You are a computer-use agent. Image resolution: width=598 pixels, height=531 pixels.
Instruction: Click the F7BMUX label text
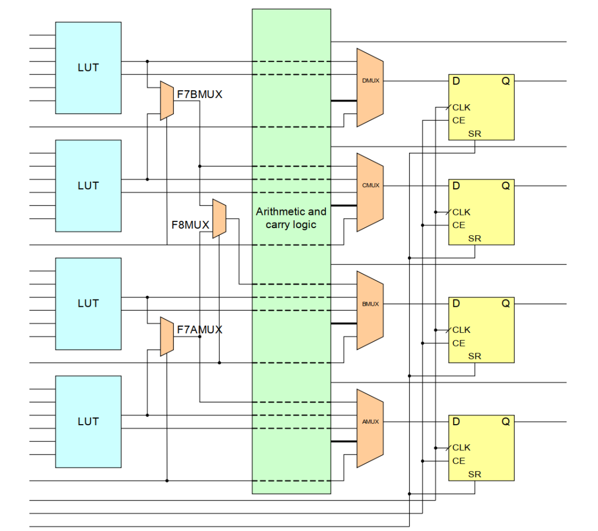tap(199, 95)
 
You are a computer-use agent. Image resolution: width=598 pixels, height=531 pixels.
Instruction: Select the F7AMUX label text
tap(199, 330)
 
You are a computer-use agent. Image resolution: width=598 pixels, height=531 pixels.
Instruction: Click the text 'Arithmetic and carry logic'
tap(291, 218)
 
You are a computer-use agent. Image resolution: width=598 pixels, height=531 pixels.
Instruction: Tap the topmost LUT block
tap(88, 68)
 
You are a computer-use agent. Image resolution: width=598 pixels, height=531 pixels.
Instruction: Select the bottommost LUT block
tap(88, 421)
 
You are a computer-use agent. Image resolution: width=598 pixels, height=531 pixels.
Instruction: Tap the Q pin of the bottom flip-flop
tap(506, 422)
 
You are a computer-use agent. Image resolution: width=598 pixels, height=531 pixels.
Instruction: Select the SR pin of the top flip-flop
tap(475, 134)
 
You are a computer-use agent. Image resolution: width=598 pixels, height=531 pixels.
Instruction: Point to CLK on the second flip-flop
tap(461, 212)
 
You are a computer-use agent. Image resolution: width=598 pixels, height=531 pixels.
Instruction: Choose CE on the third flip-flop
tap(458, 343)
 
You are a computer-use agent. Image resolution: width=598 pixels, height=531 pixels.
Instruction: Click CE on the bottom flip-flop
tap(458, 461)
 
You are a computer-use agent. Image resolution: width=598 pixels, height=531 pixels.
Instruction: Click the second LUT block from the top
tap(88, 185)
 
